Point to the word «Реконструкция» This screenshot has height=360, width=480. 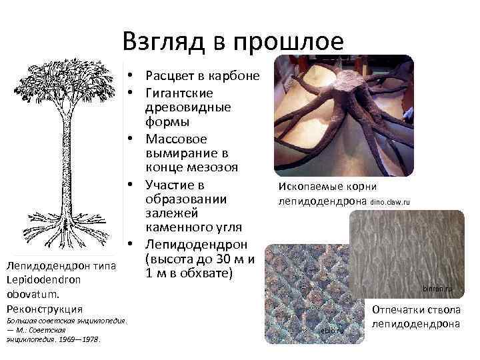[45, 309]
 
